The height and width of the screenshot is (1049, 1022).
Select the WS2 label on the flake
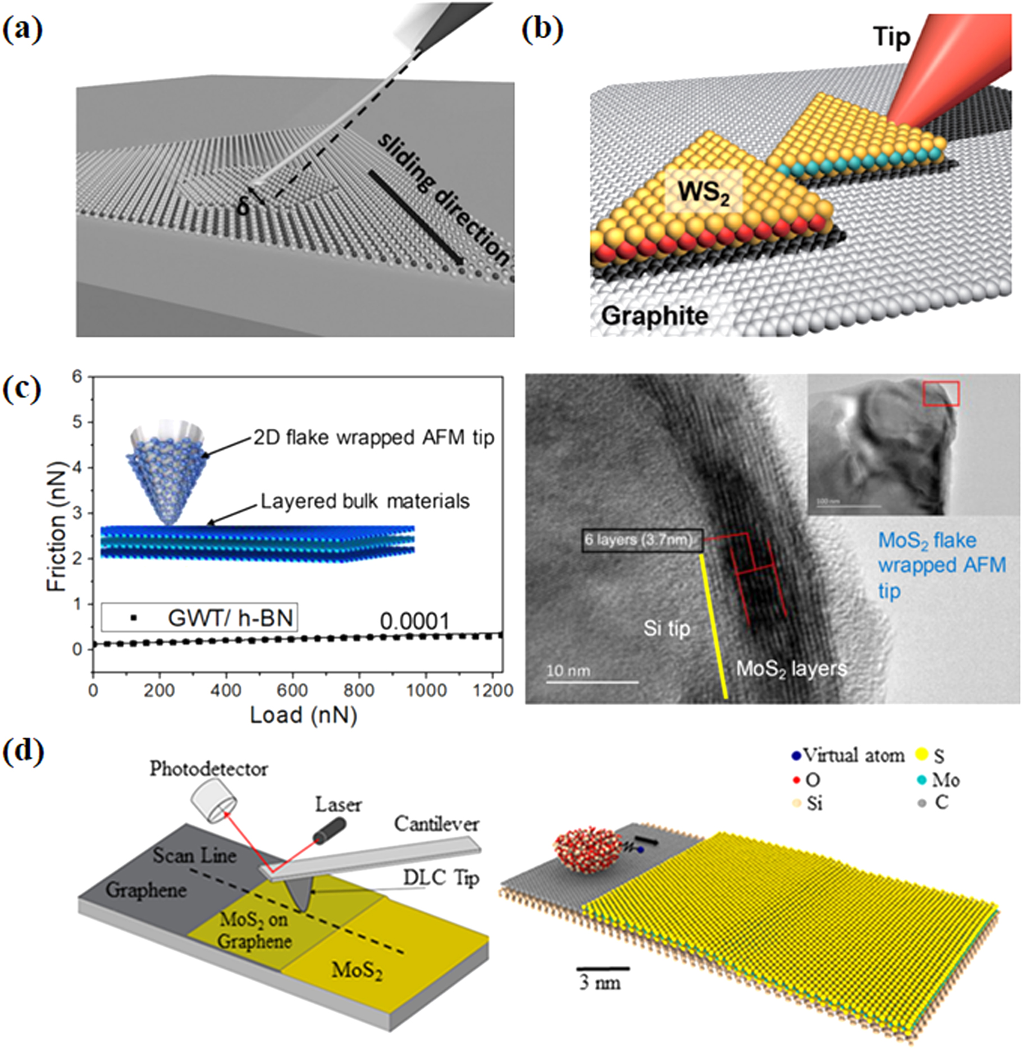tap(704, 194)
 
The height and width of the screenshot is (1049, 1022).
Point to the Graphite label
tap(655, 316)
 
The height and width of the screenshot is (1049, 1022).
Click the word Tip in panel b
tap(891, 37)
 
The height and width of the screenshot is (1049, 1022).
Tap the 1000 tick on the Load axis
tap(426, 690)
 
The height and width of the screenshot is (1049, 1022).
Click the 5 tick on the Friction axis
tap(77, 422)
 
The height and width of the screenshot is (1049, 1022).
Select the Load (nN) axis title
tap(303, 715)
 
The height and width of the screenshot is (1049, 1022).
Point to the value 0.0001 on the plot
tap(415, 621)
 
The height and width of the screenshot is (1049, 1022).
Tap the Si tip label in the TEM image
tap(667, 628)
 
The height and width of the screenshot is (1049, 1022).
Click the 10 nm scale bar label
tap(568, 671)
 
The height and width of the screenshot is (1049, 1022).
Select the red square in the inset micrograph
tap(941, 393)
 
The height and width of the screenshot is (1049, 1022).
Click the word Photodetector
tap(208, 769)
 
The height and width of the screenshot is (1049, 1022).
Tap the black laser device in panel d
tap(330, 830)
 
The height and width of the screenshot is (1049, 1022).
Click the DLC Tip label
tap(441, 878)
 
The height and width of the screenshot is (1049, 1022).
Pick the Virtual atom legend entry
tap(848, 755)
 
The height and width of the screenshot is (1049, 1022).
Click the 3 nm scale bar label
tap(600, 983)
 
